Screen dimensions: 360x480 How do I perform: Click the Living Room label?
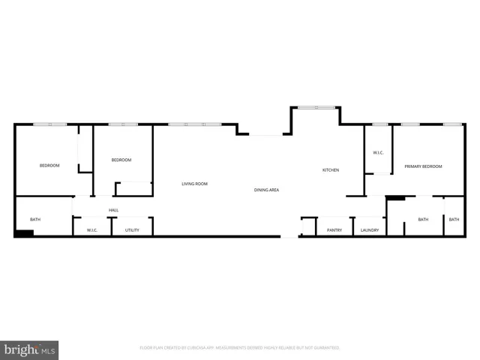(x=194, y=184)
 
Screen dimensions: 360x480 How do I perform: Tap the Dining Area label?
(x=266, y=190)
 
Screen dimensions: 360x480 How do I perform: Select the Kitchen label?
(x=331, y=170)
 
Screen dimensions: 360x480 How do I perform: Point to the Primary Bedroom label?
(x=423, y=166)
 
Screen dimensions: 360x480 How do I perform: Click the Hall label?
(x=113, y=210)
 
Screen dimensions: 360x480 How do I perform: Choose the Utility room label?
(x=132, y=230)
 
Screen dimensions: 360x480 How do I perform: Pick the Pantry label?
(x=334, y=230)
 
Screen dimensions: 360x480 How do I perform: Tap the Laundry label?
(x=370, y=230)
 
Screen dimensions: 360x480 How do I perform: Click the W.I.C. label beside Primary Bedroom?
(x=379, y=153)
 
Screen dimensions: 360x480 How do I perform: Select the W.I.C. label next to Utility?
(x=92, y=230)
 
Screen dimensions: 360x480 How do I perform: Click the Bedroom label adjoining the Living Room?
(x=121, y=160)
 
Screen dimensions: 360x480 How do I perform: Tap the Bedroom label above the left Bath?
(x=49, y=165)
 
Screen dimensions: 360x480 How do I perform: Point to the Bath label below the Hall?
(x=35, y=220)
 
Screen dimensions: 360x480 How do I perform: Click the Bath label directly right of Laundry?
(x=423, y=220)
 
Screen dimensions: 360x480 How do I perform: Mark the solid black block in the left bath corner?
(x=24, y=233)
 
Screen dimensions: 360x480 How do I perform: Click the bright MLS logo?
(x=30, y=349)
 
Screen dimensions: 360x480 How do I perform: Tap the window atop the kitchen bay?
(x=316, y=108)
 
